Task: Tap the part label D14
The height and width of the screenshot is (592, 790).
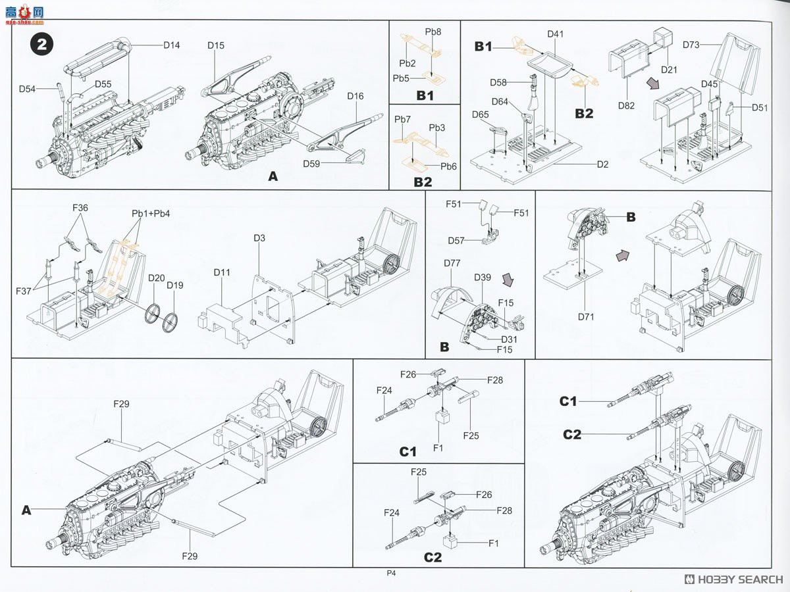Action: pos(172,45)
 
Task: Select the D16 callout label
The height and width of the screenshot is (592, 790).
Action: pos(355,96)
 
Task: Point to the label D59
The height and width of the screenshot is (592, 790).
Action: pos(312,163)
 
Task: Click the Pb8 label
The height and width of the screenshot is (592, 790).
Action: pos(433,32)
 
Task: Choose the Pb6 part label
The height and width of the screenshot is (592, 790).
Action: pos(448,166)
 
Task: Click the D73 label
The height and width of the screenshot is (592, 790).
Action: pos(691,45)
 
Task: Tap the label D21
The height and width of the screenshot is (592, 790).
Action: pos(669,70)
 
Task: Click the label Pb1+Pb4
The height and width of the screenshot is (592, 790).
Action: pos(147,214)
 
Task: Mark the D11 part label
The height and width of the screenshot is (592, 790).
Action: pos(222,272)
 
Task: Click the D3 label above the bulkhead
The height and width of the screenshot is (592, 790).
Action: pos(259,237)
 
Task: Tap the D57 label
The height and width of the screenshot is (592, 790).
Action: pos(457,241)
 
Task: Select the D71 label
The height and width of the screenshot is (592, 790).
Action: pos(586,317)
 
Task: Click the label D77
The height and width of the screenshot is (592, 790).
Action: pos(452,264)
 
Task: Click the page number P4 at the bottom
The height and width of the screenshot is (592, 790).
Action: pos(391,573)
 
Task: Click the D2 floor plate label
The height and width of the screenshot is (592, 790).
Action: pos(602,164)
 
